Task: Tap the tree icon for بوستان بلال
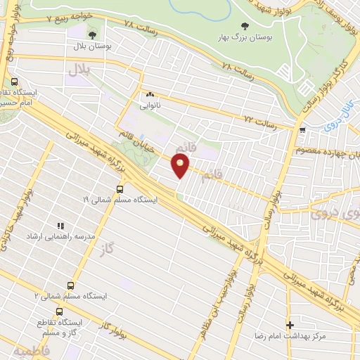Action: pos(92,34)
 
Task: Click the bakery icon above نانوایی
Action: pos(149,94)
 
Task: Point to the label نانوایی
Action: pos(149,105)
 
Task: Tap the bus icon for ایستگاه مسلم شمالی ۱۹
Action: pos(119,188)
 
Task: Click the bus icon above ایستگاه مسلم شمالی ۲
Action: pos(70,285)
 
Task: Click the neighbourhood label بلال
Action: pos(79,70)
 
